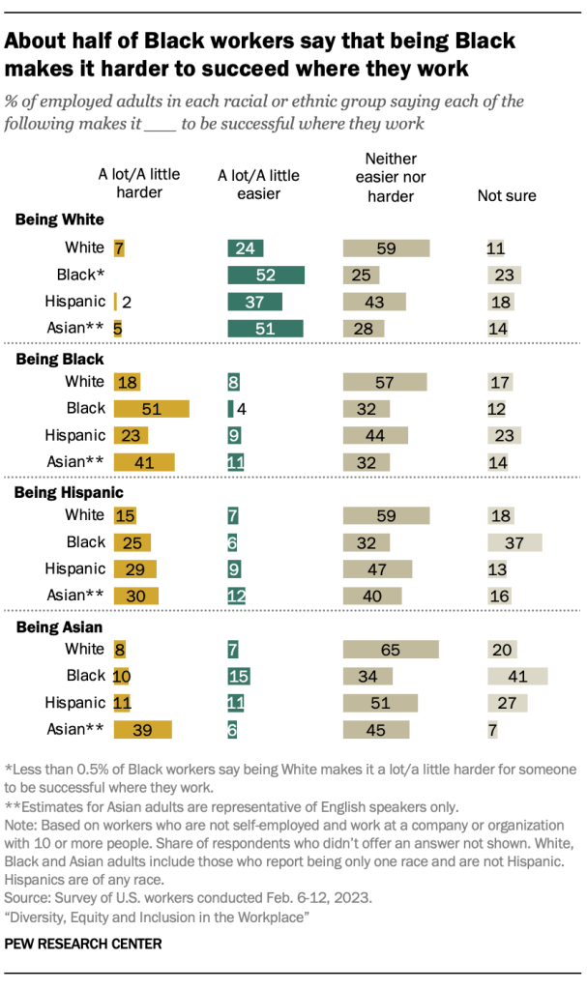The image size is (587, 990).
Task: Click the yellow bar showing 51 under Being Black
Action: (151, 408)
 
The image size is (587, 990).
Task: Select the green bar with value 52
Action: (266, 275)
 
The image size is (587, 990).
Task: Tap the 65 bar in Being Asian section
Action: (391, 650)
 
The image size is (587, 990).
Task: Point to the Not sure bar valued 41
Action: (517, 675)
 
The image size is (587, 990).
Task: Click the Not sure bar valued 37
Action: (514, 542)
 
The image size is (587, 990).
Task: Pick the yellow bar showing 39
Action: (142, 729)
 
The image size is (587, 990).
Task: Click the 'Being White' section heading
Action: (60, 218)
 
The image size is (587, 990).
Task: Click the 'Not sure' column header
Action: (507, 196)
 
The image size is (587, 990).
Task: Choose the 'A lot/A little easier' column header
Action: (258, 185)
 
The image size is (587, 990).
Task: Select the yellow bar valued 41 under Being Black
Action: (144, 461)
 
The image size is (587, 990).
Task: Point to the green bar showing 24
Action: (246, 248)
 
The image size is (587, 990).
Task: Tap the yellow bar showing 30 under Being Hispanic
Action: (135, 596)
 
